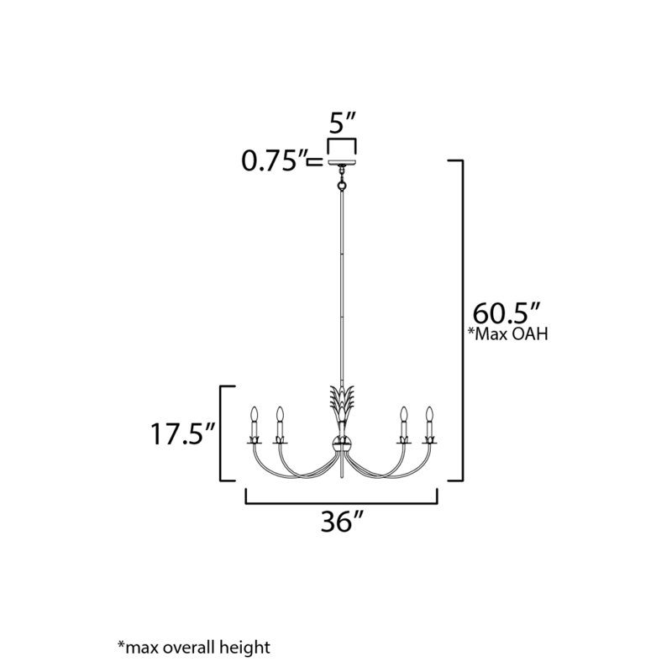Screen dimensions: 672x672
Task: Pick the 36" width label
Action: [341, 522]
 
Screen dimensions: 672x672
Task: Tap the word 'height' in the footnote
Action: [247, 647]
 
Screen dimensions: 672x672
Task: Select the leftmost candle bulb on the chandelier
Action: [253, 416]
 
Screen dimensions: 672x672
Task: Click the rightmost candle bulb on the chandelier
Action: [430, 416]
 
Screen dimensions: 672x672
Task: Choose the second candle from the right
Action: [404, 416]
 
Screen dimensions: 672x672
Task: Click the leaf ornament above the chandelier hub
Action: [341, 402]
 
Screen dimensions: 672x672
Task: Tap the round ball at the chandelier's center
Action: [341, 444]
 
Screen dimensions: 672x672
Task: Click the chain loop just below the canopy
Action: [342, 178]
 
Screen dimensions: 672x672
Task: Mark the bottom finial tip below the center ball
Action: [341, 474]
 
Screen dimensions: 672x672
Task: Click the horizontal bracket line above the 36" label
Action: [342, 503]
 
